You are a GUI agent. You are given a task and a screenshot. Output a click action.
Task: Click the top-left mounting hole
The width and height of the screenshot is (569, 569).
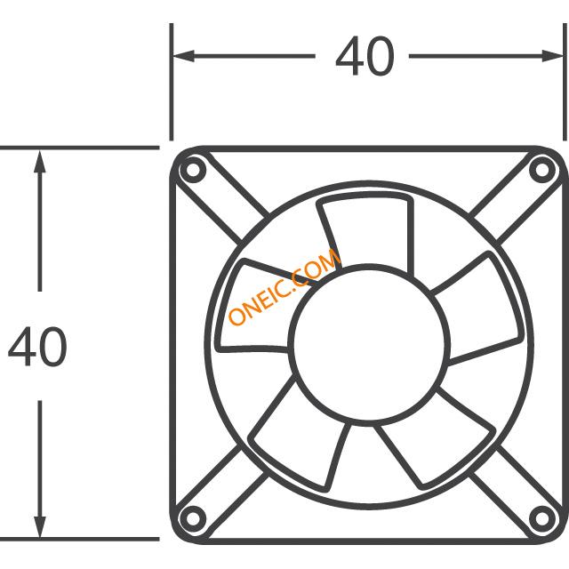tap(193, 170)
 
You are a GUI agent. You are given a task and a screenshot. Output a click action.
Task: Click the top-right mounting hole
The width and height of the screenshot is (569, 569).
tap(541, 170)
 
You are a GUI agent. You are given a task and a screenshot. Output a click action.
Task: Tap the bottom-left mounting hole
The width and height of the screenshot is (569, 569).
tap(193, 518)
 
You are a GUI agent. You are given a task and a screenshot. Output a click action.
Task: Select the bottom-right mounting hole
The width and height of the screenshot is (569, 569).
tap(541, 518)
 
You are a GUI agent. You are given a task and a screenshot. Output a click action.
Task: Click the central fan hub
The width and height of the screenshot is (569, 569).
tap(370, 345)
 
